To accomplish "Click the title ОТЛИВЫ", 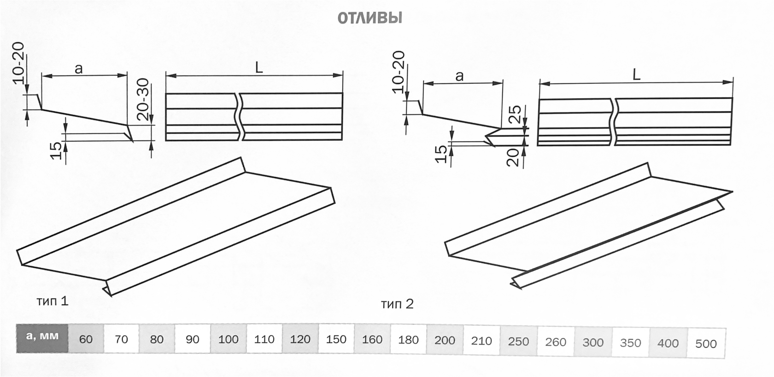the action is coord(369,18).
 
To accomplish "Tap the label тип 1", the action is coord(53,301).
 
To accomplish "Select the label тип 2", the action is coord(397,304).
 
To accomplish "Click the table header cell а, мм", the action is coord(42,338).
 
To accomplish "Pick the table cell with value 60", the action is coord(86,339).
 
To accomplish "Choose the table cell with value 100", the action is coord(229,339).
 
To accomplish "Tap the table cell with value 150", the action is coord(336,339).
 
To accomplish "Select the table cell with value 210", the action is coord(481,341).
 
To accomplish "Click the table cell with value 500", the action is coord(706,343).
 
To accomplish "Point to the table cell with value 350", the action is coord(631,343).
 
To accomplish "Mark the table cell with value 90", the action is coord(193,339).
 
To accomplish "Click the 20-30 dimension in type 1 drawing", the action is coord(142,99).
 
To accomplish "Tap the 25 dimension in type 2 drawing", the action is coord(515,114).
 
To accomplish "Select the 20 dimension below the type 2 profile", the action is coord(515,157).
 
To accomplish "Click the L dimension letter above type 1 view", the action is coord(259,67).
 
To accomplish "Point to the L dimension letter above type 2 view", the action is coord(637,75).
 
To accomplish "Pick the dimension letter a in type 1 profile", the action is coord(79,69).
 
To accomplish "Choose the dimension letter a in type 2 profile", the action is coord(459,76).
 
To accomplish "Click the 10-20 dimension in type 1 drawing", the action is coord(18,63).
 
